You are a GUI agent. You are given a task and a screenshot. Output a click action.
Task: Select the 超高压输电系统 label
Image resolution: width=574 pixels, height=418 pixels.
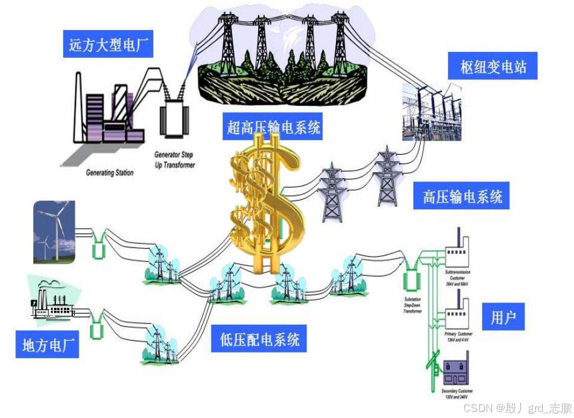(x=273, y=127)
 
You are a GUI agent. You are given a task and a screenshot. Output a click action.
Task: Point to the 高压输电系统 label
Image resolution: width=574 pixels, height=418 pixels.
(x=462, y=197)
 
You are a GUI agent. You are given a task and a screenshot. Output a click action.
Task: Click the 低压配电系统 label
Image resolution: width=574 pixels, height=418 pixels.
(x=259, y=339)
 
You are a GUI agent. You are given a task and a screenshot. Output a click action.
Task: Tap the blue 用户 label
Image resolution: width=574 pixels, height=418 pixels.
(x=503, y=317)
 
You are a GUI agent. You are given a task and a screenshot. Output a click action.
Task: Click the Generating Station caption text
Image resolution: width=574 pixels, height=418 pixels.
(x=110, y=173)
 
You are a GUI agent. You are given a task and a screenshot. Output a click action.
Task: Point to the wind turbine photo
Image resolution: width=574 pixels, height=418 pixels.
(x=54, y=233)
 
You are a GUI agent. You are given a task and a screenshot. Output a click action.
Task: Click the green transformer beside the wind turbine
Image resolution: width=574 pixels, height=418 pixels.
(x=99, y=246)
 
